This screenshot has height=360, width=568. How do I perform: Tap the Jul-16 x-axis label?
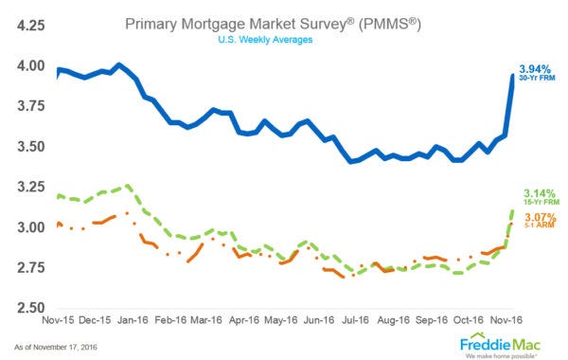click(x=353, y=322)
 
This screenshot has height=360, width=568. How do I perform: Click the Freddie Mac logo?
click(x=500, y=342)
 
